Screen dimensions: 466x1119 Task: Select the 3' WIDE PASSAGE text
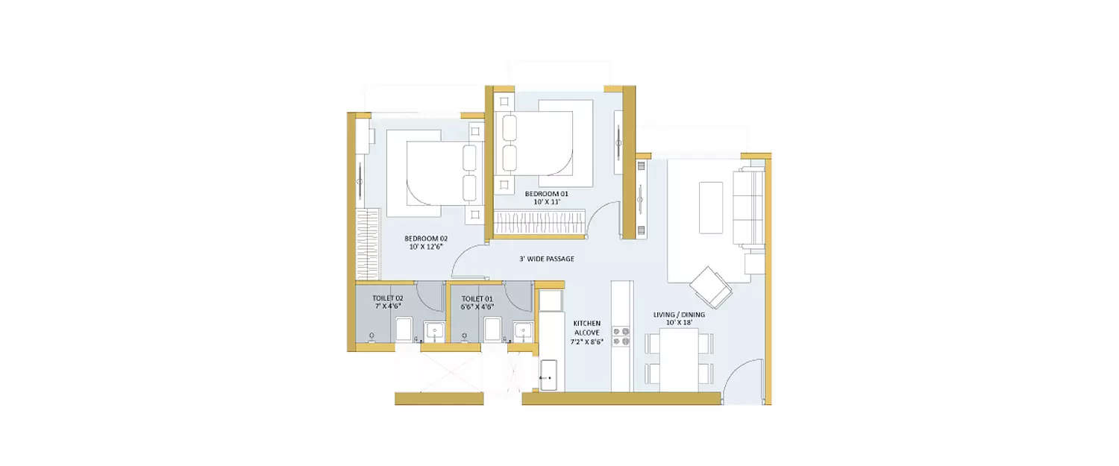[547, 259]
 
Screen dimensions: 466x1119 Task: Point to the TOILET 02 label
[388, 298]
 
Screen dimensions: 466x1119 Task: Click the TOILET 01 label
[477, 298]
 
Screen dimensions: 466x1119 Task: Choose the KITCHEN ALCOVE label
[586, 329]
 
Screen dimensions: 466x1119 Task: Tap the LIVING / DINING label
[679, 315]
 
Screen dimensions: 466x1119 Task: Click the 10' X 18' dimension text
[679, 324]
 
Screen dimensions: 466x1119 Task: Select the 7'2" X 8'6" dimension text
[586, 342]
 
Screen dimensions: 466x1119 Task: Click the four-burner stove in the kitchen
[621, 336]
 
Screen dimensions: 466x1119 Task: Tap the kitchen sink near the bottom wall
[550, 374]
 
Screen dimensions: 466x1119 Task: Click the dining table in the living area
[679, 359]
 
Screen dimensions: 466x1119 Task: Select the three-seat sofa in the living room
[749, 207]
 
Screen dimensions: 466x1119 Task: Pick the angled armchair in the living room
[711, 286]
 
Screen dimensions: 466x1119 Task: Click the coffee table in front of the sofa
[711, 207]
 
